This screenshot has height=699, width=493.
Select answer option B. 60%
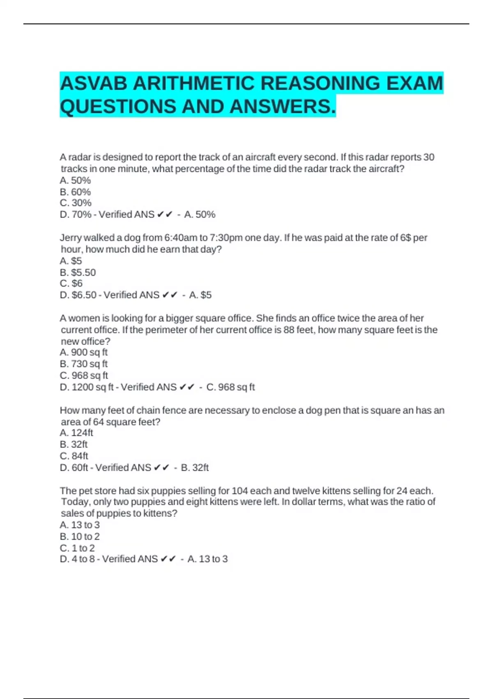(75, 192)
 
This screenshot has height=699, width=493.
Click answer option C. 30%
(76, 203)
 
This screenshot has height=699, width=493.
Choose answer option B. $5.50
(78, 273)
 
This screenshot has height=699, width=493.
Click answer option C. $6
(71, 284)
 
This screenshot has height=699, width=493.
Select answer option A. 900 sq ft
(83, 352)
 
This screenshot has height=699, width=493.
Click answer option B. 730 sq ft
(83, 364)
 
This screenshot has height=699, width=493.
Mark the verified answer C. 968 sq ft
(230, 387)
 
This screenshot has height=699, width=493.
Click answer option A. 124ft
(76, 433)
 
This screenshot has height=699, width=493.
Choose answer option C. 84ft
(74, 456)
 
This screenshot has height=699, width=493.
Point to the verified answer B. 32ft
(195, 468)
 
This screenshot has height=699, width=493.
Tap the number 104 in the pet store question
(240, 491)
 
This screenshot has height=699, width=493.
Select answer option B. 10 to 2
(80, 537)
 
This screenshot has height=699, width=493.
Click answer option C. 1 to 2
(77, 548)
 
